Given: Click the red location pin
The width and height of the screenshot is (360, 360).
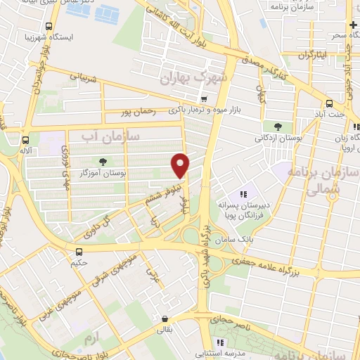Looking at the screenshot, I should [x=181, y=165].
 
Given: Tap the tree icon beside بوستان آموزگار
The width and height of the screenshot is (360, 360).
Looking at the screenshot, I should [x=103, y=161].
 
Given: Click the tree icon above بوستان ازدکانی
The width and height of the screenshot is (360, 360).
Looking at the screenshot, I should [x=278, y=127].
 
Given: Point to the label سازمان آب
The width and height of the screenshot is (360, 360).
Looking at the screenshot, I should [x=111, y=133].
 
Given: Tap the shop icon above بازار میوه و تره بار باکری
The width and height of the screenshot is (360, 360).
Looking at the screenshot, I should [x=204, y=99].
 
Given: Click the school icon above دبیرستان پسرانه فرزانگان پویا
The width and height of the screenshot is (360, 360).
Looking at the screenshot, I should [x=244, y=195].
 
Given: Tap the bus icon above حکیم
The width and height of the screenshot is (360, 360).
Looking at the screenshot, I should [x=79, y=251].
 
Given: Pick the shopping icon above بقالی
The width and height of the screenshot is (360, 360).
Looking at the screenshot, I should [x=164, y=318].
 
